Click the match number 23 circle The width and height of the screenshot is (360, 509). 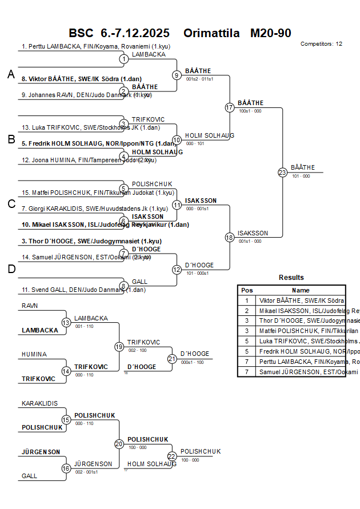click(x=282, y=172)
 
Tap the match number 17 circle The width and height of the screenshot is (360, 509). click(x=230, y=107)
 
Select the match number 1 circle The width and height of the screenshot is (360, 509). click(x=124, y=59)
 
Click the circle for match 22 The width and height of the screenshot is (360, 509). click(x=172, y=456)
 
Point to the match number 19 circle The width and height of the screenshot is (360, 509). click(x=119, y=346)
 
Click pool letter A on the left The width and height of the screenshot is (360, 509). click(x=11, y=74)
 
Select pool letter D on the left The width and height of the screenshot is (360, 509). click(x=11, y=270)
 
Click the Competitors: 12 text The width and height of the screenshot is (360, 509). click(x=321, y=43)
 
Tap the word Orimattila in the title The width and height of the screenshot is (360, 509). click(x=211, y=33)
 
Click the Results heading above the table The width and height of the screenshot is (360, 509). click(x=291, y=278)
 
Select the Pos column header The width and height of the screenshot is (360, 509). click(x=247, y=290)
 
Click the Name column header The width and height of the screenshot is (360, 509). click(x=301, y=290)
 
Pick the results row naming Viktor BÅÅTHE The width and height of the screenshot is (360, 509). click(x=301, y=300)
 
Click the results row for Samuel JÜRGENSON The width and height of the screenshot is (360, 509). click(x=301, y=372)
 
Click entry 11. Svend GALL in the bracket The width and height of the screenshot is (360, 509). click(x=83, y=290)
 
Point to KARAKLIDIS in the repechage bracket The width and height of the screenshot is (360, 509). click(x=39, y=403)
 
